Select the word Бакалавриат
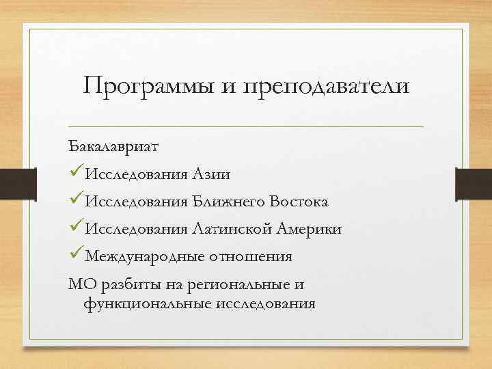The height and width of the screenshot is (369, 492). [x=113, y=147]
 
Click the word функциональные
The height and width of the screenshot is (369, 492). [x=141, y=303]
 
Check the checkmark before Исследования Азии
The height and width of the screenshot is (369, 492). [x=77, y=174]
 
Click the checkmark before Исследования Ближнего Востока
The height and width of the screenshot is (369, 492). [x=77, y=201]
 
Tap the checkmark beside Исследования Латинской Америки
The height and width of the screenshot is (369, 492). [x=77, y=228]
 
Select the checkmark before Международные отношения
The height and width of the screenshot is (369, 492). [x=77, y=256]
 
